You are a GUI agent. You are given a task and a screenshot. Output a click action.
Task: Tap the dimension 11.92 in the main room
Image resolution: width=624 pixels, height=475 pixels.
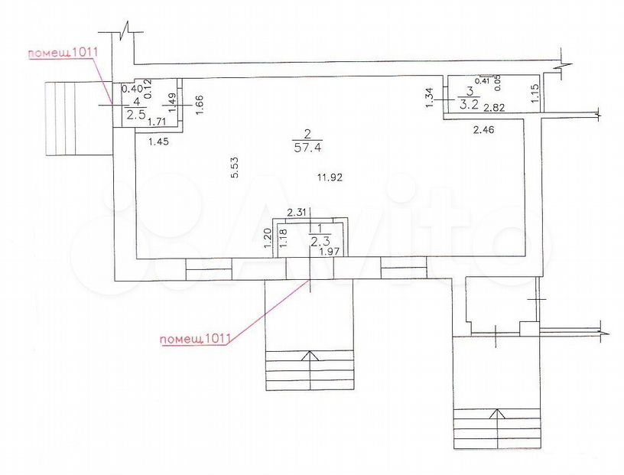(x=330, y=177)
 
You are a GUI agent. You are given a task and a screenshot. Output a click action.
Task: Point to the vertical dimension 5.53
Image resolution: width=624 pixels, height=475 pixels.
(x=235, y=168)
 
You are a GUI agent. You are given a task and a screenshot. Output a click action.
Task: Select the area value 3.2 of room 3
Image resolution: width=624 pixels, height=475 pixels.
(x=470, y=106)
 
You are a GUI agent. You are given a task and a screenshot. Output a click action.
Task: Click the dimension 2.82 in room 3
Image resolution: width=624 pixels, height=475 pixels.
(x=494, y=108)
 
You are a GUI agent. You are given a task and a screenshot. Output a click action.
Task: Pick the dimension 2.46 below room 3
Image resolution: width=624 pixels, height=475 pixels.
(x=484, y=129)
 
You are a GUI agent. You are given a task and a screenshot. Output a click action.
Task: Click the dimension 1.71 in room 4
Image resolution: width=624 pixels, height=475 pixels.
(x=157, y=122)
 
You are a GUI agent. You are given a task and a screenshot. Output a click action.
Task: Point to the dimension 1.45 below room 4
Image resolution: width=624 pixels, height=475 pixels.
(x=158, y=141)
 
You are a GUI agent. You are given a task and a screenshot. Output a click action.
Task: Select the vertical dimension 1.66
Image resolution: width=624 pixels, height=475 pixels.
(x=200, y=105)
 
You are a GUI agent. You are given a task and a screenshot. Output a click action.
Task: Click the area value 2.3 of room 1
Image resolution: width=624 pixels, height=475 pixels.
(x=320, y=241)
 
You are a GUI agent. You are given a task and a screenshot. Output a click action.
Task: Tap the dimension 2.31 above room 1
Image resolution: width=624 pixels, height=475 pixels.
(x=297, y=213)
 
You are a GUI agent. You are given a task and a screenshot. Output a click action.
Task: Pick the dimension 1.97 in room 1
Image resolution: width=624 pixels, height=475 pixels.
(x=330, y=251)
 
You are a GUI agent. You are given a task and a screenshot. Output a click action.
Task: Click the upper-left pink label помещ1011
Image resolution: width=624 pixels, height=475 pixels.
(x=63, y=53)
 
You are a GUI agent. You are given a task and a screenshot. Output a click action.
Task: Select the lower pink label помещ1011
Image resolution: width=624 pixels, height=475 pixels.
(x=196, y=339)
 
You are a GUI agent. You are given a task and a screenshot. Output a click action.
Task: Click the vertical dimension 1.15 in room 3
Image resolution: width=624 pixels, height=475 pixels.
(x=535, y=93)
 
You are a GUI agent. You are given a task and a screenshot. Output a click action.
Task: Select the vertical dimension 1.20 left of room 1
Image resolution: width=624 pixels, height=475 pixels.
(x=268, y=238)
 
